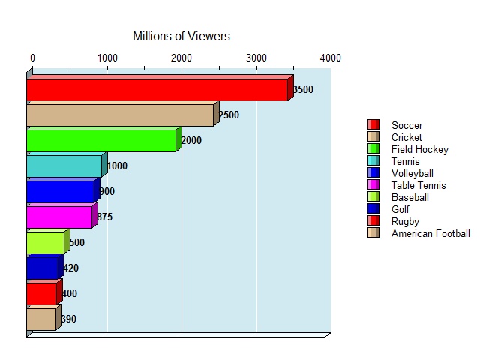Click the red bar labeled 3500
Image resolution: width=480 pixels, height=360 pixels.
pos(157,90)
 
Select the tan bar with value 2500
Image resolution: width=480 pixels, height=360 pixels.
pos(120,115)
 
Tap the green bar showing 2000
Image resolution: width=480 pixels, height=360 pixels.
pos(101,141)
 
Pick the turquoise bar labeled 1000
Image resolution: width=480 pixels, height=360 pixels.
pos(64,166)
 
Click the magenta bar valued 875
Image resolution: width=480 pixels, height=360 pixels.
pos(59,217)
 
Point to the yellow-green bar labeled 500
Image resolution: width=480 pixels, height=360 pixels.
pos(45,243)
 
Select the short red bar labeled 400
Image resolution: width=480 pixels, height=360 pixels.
pos(41,294)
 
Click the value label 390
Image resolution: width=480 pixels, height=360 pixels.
pos(69,319)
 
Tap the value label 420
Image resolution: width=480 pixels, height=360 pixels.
pos(70,268)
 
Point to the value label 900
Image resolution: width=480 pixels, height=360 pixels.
pos(106,192)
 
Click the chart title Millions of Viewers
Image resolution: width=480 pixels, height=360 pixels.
pos(181,36)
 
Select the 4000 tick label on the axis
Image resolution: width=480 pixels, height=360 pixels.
pos(331,58)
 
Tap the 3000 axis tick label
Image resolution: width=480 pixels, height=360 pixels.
pos(256,58)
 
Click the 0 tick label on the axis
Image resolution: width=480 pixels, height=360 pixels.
pos(32,58)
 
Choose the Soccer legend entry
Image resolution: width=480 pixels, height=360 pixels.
pos(406,125)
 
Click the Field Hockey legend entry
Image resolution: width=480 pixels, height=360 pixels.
pos(419,149)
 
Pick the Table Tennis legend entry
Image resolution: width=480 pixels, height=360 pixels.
pos(418,185)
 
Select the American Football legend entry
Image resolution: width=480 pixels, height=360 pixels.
pos(430,233)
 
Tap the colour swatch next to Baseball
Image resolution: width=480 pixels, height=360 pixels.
pos(373,197)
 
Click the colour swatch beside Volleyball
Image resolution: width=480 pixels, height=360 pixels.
pos(373,173)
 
